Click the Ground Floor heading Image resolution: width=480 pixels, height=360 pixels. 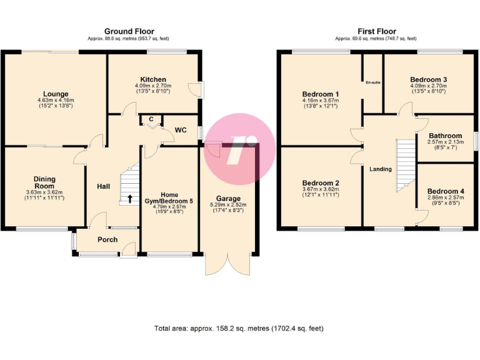129,31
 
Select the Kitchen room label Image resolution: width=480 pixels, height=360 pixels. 153,79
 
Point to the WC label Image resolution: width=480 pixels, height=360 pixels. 181,130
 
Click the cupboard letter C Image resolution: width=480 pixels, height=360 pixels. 151,119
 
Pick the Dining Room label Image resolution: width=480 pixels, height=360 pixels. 44,182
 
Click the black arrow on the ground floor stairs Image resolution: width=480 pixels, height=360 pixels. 130,199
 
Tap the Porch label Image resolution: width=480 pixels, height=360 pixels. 107,239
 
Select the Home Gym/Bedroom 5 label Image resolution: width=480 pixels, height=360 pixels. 169,198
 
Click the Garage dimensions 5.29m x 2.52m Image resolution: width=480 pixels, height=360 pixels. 228,204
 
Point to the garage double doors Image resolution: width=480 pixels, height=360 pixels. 229,265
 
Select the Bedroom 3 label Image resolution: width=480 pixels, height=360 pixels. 428,79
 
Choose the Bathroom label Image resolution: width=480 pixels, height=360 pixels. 445,136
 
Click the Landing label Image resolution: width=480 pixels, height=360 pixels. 381,169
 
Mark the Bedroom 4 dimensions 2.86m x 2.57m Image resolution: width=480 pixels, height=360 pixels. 445,198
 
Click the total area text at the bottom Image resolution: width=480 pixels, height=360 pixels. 239,328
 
